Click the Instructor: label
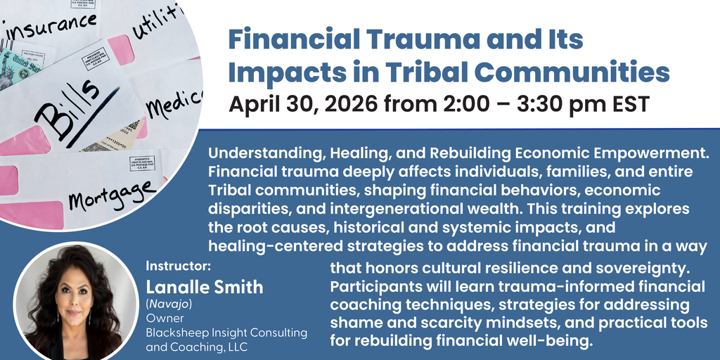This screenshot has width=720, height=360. point(178,267)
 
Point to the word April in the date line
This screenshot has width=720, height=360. point(255,104)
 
